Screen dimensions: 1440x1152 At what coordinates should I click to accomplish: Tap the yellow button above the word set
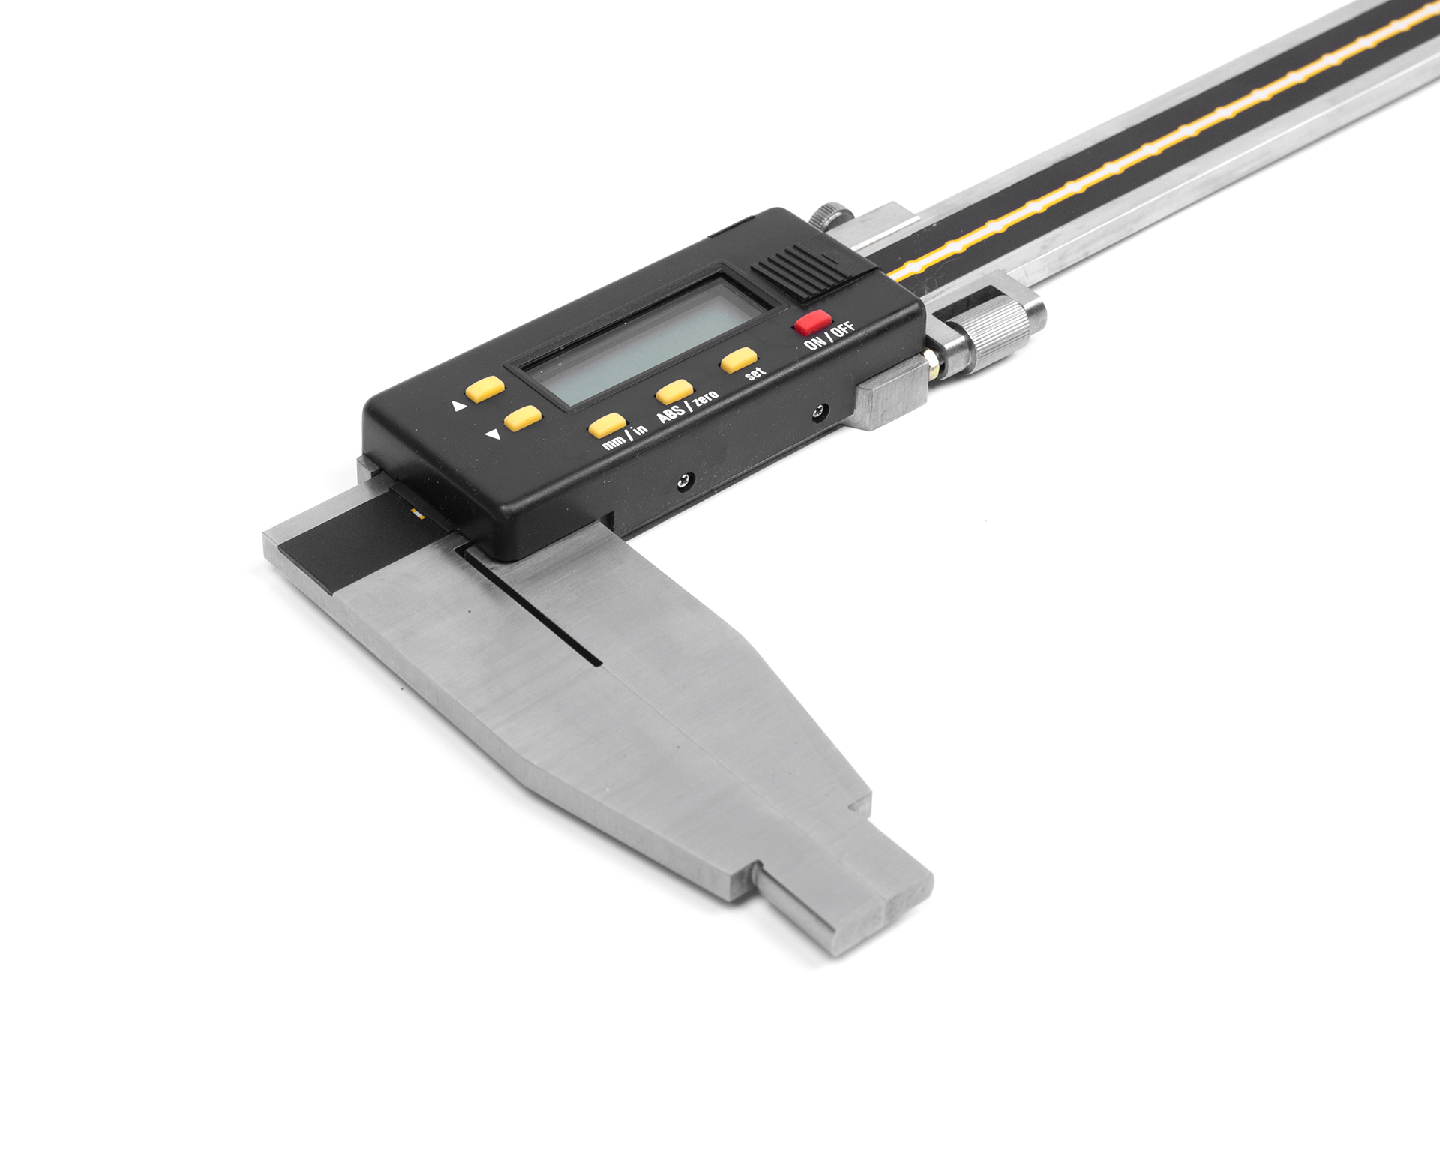click(x=738, y=360)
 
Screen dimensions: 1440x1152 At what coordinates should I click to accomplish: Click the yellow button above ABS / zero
click(x=673, y=391)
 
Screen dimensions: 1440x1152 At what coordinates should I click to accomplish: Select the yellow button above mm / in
click(x=607, y=424)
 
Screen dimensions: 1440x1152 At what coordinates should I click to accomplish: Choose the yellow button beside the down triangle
click(x=522, y=418)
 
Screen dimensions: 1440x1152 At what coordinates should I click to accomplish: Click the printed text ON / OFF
click(x=829, y=334)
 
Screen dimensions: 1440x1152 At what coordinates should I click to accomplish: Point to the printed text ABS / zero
click(x=687, y=406)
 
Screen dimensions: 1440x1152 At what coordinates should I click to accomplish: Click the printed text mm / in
click(x=624, y=436)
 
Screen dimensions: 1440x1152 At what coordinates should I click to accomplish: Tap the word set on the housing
click(x=755, y=373)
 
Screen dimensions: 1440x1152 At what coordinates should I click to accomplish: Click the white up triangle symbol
click(x=459, y=406)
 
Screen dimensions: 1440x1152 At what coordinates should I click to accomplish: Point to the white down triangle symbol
click(x=493, y=433)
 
